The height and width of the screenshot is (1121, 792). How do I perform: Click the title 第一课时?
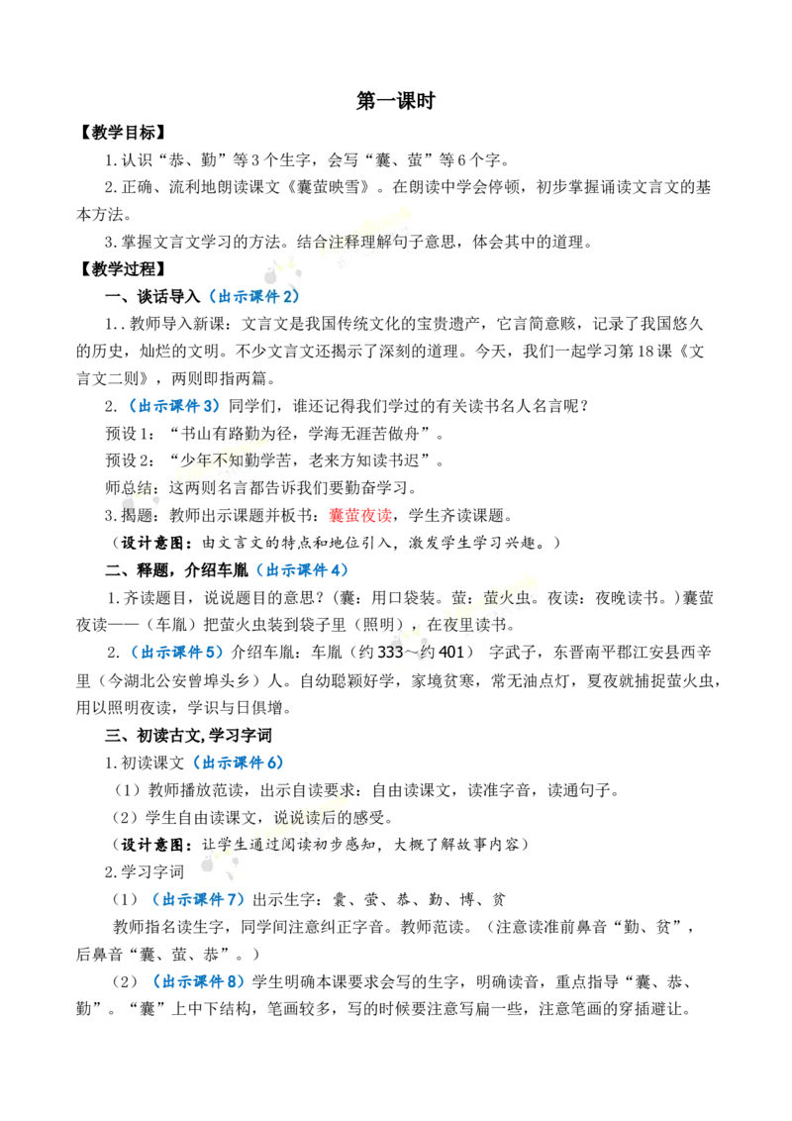(395, 101)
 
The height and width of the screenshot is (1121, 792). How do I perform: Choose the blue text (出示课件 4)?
(302, 570)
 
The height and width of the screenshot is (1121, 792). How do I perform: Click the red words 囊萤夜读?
(360, 516)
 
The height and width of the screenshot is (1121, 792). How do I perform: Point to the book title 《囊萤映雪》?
(328, 187)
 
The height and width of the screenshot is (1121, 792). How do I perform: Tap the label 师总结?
(129, 488)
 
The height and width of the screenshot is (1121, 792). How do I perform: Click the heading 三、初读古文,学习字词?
(188, 736)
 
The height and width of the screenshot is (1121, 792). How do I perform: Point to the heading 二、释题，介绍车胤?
(176, 570)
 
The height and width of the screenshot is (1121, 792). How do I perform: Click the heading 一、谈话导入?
(152, 296)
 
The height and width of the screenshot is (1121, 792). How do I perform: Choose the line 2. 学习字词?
(145, 872)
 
